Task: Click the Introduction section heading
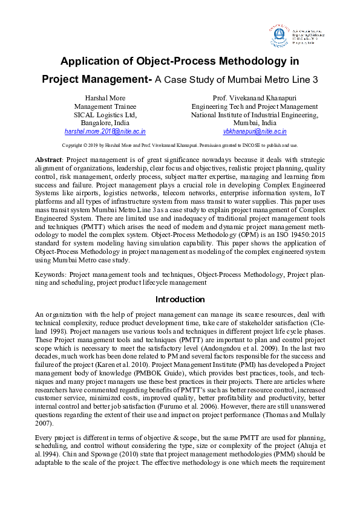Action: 180,299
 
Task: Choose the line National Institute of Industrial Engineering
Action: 255,114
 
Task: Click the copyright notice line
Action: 180,145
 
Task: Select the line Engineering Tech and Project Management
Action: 255,106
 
